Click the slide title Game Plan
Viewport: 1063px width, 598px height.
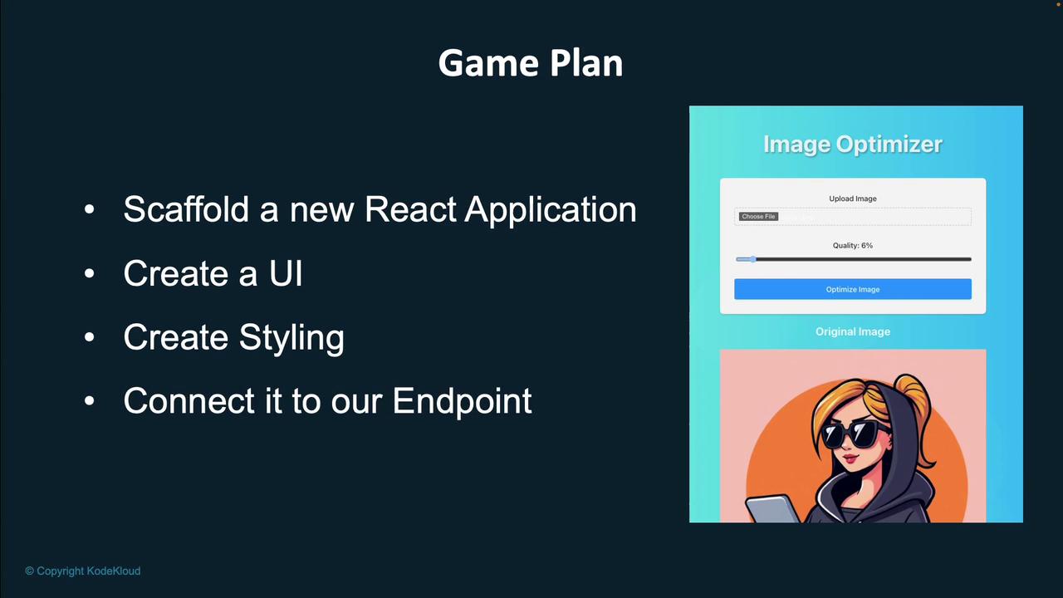coord(531,64)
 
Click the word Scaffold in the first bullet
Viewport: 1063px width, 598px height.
coord(186,208)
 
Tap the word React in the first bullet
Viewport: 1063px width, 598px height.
coord(410,209)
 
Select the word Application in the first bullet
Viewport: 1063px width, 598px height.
coord(551,210)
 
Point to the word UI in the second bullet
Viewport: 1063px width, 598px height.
coord(286,273)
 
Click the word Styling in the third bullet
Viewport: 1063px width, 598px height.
coord(291,338)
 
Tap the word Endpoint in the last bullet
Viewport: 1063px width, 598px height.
coord(462,401)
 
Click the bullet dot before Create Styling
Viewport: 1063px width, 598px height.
coord(89,337)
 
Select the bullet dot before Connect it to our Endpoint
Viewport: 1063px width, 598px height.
coord(89,401)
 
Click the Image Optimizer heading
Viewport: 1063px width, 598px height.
coord(853,145)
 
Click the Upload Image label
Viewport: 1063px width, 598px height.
coord(853,199)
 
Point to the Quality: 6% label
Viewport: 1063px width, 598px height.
coord(853,245)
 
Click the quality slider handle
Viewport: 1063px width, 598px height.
coord(752,259)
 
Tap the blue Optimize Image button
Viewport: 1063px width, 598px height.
coord(853,289)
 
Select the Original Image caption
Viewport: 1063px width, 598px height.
coord(853,331)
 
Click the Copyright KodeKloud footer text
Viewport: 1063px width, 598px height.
coord(83,571)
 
